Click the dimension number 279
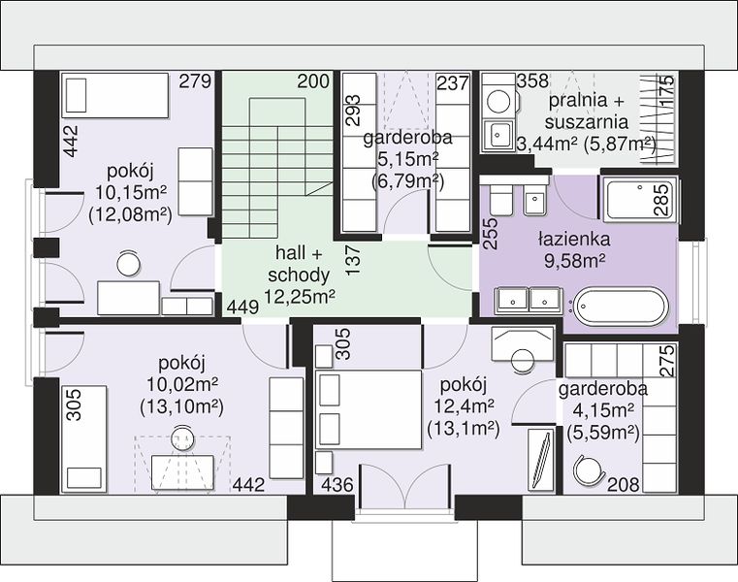[x=195, y=81]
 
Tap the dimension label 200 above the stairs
[x=313, y=81]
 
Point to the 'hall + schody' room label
[x=299, y=264]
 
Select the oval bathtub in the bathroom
[x=620, y=306]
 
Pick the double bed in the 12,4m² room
[x=369, y=409]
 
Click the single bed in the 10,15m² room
[x=115, y=95]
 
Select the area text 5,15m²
[x=408, y=160]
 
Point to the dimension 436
[x=337, y=484]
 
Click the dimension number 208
[x=624, y=484]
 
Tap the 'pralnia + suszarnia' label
[x=587, y=112]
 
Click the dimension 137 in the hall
[x=354, y=260]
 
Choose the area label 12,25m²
[x=300, y=297]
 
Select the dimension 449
[x=242, y=307]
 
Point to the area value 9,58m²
[x=574, y=260]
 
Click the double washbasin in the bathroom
[x=528, y=301]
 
